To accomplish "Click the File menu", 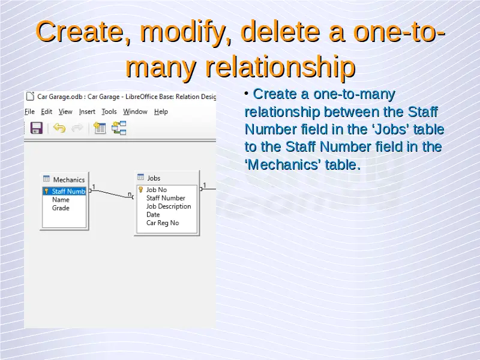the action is click(29, 112).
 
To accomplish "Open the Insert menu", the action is click(87, 112).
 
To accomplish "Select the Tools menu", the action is click(109, 112).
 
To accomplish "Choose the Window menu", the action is click(136, 112).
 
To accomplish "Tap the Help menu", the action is click(161, 112).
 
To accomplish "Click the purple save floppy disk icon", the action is click(37, 128).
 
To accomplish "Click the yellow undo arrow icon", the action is click(59, 128).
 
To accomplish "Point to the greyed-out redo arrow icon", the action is click(77, 128).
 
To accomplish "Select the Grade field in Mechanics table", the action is click(61, 208).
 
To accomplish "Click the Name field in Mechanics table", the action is click(61, 200).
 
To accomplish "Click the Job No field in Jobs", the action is click(157, 190).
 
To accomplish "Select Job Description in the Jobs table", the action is click(169, 206).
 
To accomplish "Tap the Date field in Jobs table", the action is click(153, 215).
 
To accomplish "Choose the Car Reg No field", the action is click(163, 223).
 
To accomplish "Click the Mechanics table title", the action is click(69, 179).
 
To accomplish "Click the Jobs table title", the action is click(154, 178).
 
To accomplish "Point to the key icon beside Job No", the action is click(141, 190).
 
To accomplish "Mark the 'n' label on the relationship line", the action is click(130, 194).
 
